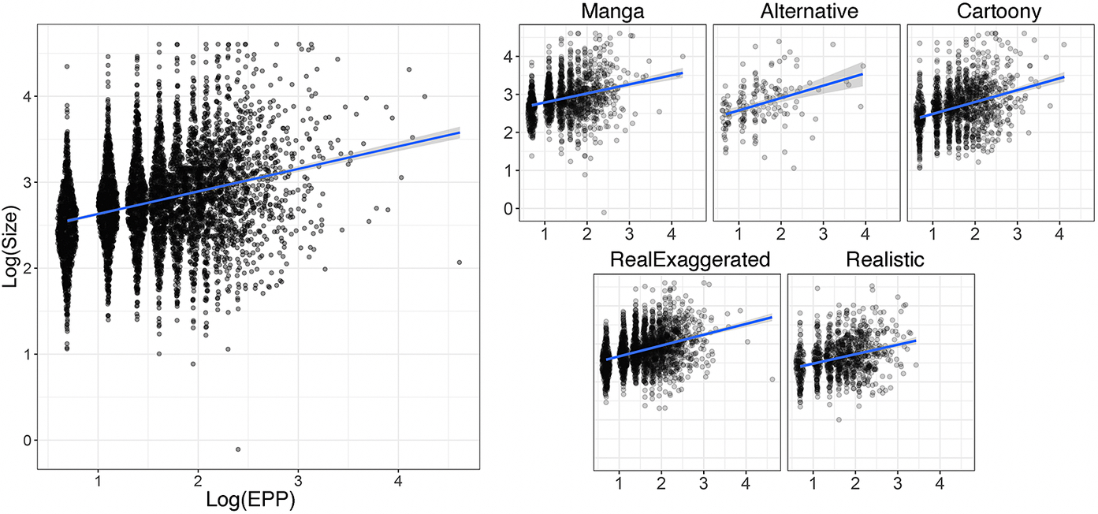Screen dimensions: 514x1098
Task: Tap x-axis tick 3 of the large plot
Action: (x=298, y=480)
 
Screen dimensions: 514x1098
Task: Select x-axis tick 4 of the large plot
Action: (x=398, y=480)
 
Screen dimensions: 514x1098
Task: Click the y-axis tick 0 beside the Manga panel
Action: (x=508, y=208)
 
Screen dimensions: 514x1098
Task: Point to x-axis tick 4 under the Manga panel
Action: (x=671, y=234)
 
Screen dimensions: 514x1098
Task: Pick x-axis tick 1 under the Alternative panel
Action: (x=739, y=234)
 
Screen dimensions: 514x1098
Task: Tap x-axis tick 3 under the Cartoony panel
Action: (x=1017, y=234)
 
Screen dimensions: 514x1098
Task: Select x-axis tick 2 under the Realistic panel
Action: (x=855, y=480)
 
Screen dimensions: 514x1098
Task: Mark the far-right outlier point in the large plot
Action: (x=459, y=263)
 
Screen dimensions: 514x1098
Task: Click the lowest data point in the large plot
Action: (x=238, y=449)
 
